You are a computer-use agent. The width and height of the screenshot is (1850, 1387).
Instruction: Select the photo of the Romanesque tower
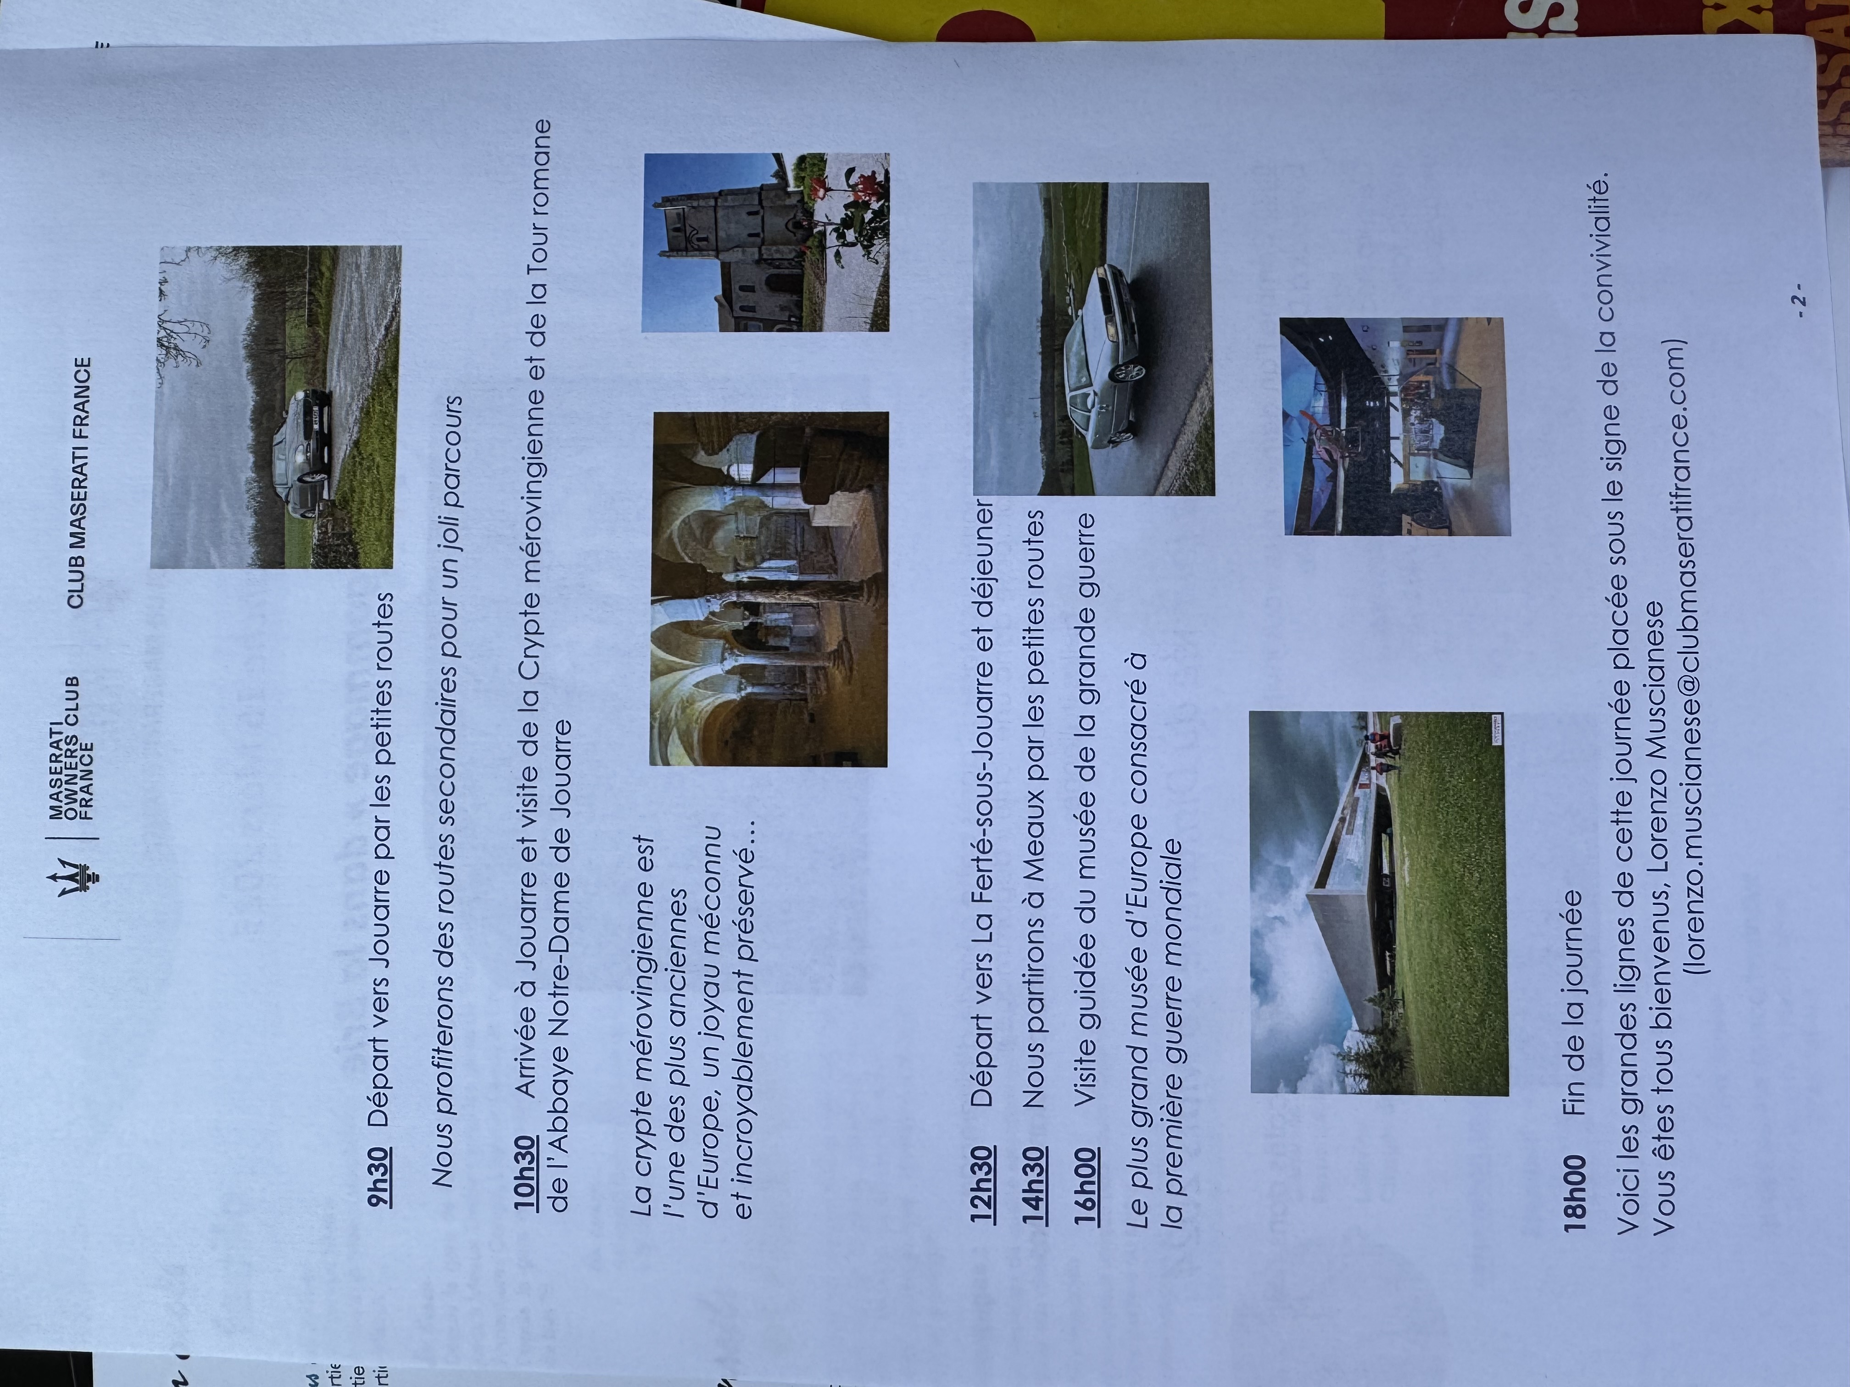pos(765,243)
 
